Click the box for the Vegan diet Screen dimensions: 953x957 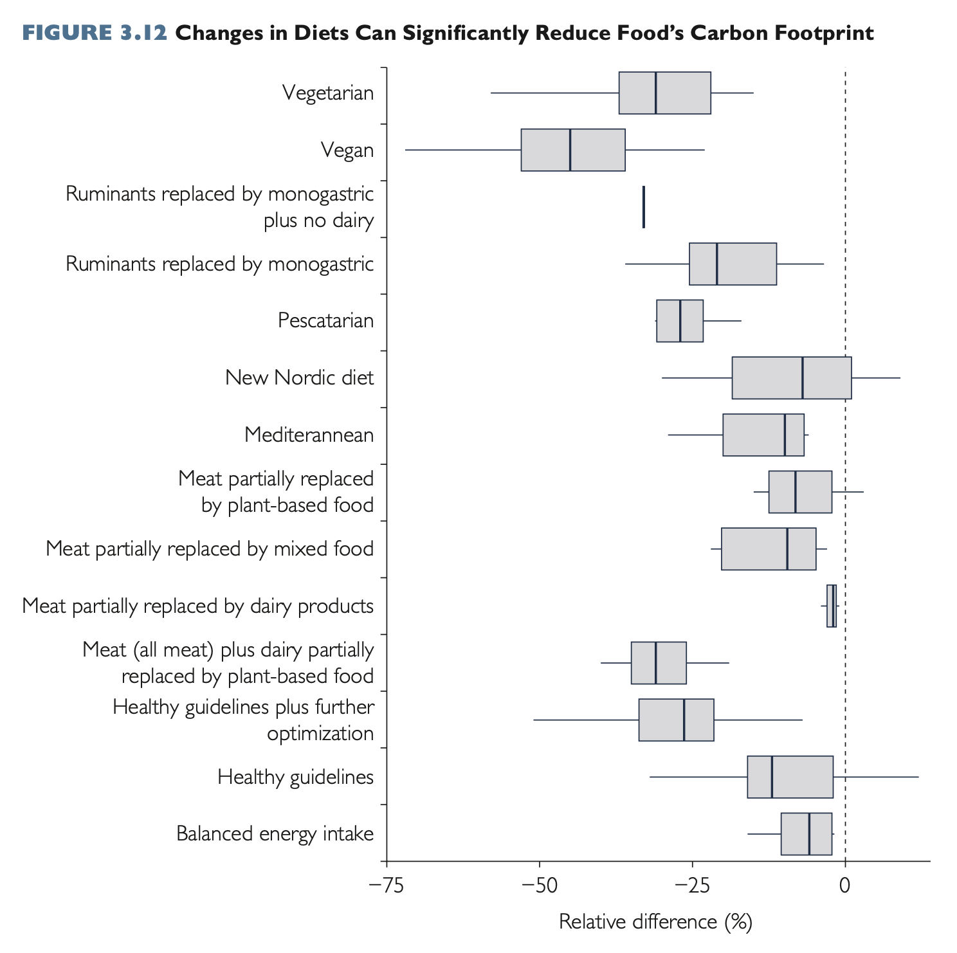coord(572,150)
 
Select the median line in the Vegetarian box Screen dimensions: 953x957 coord(655,93)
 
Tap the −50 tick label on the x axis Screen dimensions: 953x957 coord(538,885)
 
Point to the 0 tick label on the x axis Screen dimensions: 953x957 coord(844,885)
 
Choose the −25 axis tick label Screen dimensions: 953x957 coord(691,885)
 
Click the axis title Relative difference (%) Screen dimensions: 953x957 coord(655,921)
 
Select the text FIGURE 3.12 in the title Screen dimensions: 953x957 coord(95,33)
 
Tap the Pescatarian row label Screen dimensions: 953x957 coord(325,320)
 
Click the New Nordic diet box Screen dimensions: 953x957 coord(791,377)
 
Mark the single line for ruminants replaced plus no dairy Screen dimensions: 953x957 coord(644,206)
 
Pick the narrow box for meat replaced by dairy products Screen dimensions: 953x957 coord(832,606)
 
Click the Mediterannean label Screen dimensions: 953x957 coord(309,435)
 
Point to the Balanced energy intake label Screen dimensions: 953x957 coord(275,834)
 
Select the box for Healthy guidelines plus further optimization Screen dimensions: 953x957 coord(676,720)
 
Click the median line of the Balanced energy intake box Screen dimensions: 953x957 coord(809,834)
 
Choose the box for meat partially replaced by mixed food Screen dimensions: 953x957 coord(768,549)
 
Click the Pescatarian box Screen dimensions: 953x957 coord(679,320)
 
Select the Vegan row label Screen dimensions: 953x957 coord(347,150)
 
